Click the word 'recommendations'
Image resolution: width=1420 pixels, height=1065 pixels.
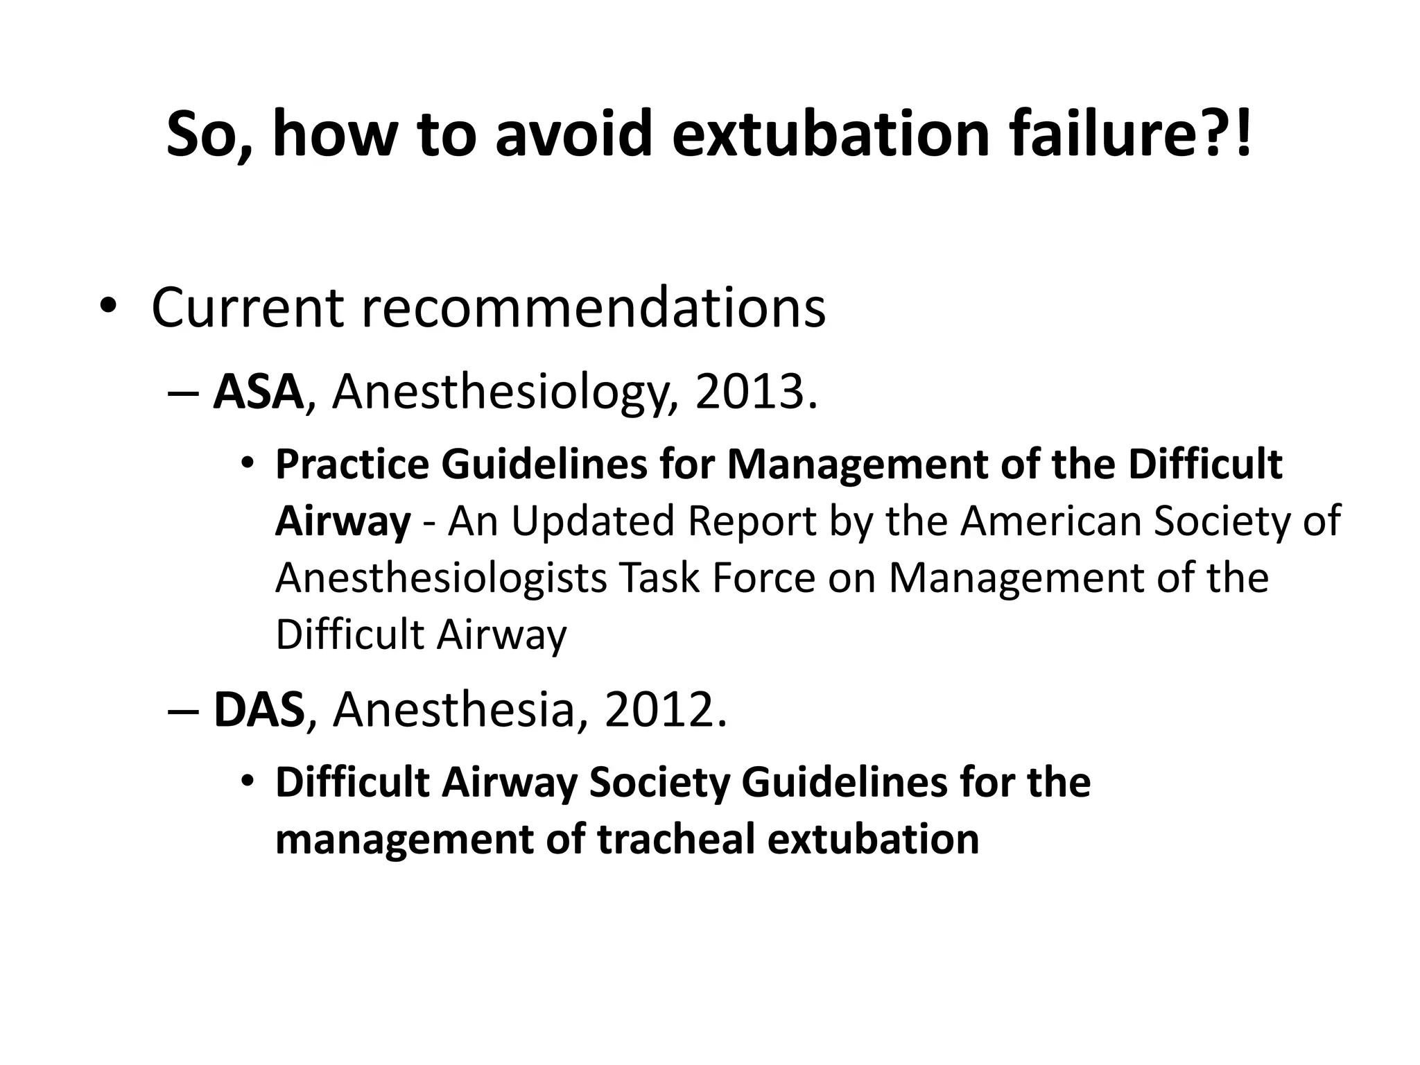pyautogui.click(x=594, y=307)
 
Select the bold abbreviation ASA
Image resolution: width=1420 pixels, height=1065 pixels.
pyautogui.click(x=258, y=392)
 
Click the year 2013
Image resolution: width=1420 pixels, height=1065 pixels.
pyautogui.click(x=756, y=392)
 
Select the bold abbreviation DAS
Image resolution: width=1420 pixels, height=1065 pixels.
pyautogui.click(x=259, y=710)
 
